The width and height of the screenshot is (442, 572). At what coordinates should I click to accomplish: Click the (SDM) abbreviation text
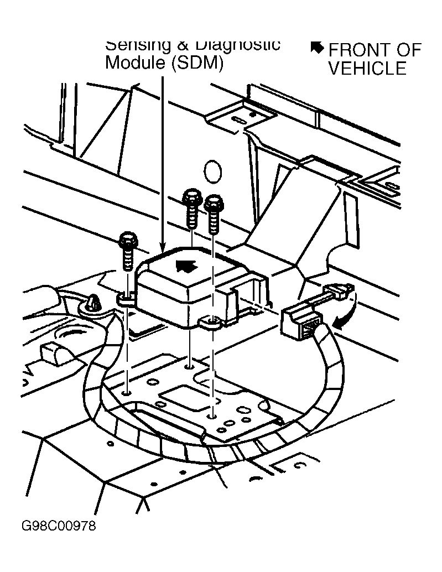[196, 63]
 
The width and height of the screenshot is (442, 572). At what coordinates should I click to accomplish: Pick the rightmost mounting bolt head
[212, 205]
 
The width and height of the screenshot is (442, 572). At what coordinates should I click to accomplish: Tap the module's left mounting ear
[125, 299]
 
